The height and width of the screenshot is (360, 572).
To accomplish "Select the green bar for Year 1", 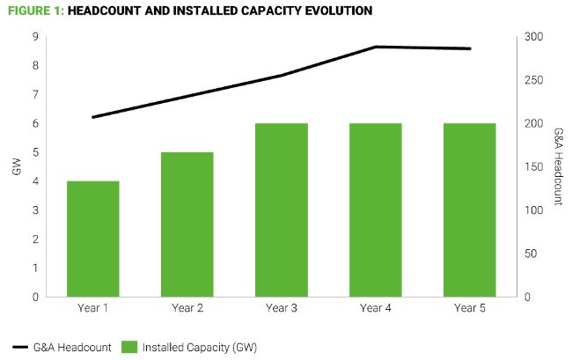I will click(92, 239).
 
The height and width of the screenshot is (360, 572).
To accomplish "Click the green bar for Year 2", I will click(187, 224).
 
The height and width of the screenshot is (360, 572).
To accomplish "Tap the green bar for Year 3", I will click(281, 209).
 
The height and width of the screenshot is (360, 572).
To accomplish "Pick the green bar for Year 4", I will click(376, 209).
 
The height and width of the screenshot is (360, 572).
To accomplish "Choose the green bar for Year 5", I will click(470, 209).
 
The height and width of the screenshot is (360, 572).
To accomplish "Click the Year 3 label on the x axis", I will click(281, 308).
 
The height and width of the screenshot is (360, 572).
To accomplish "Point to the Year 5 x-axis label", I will click(470, 308).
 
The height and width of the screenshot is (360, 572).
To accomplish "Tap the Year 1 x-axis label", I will click(92, 308).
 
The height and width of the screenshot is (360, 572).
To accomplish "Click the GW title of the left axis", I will click(16, 167).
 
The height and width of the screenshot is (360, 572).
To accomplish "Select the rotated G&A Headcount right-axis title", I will click(558, 167).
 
